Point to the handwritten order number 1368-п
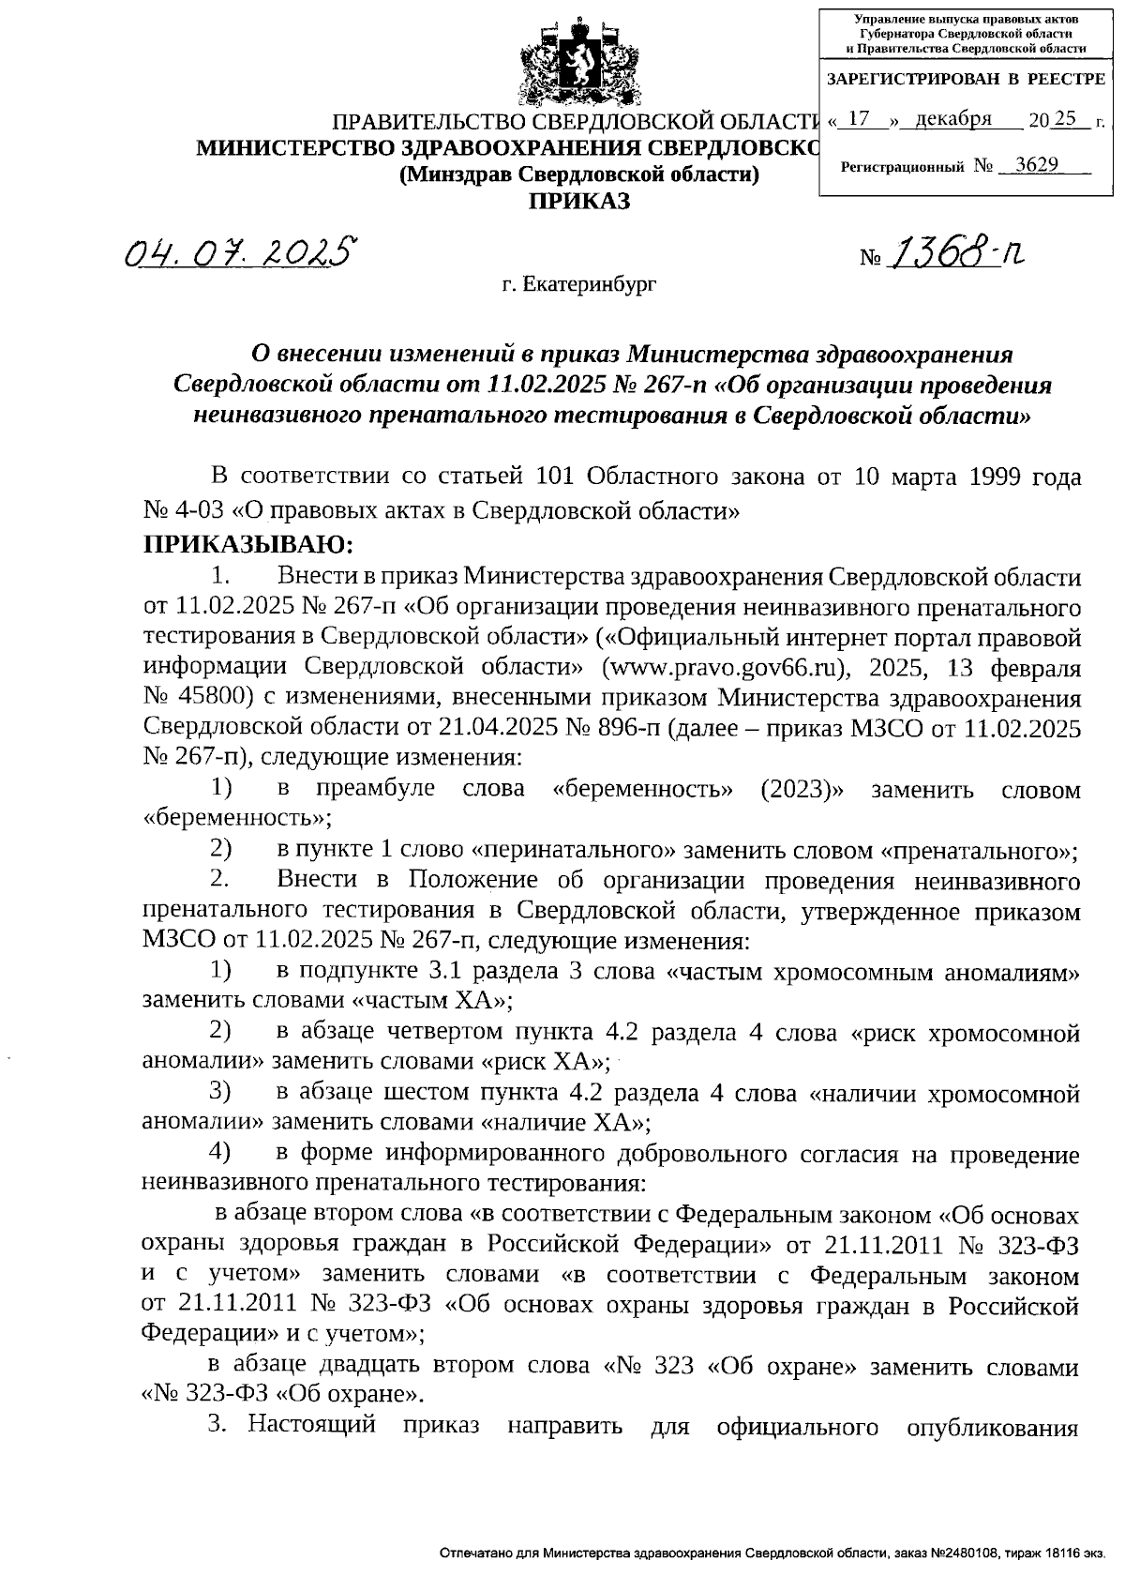[956, 251]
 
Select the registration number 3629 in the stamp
[1038, 165]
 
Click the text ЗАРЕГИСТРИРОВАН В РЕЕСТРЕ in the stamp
[966, 80]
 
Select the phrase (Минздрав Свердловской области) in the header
[578, 174]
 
